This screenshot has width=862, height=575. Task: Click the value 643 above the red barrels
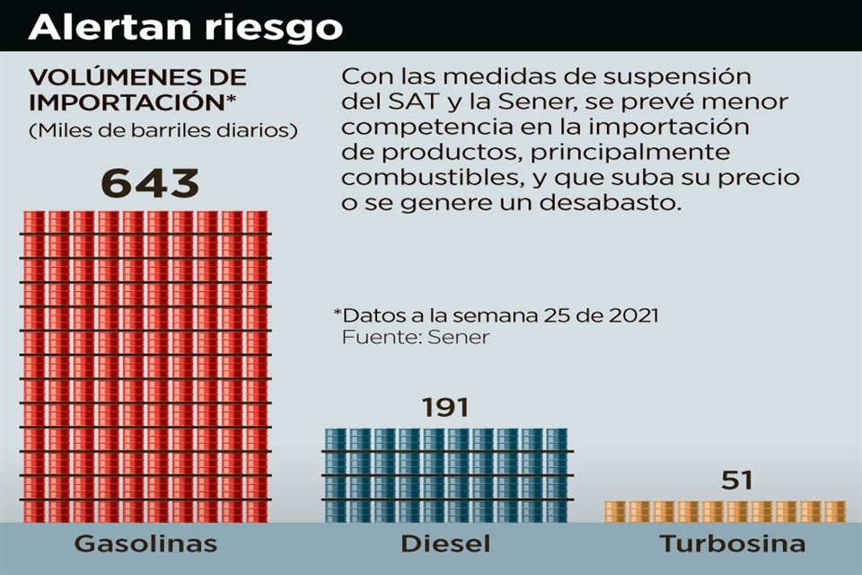coord(149,183)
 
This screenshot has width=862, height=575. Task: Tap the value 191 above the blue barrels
coord(445,408)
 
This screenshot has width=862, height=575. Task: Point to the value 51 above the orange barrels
coord(736,481)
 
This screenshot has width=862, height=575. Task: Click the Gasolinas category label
coord(145,544)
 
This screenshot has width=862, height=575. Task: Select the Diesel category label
coord(445,544)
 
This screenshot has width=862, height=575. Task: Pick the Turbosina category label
coord(732,544)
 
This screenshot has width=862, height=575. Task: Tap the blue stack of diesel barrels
coord(446,474)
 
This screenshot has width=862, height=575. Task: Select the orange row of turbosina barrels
coord(725,511)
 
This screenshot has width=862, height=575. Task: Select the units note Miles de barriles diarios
coord(163,130)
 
